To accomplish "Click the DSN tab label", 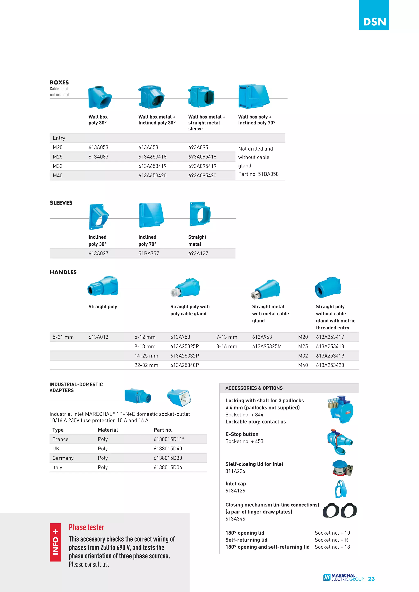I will point(374,22).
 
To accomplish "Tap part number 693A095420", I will point(202,176).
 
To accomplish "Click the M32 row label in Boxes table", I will point(57,166).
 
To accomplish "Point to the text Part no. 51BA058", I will point(258,174).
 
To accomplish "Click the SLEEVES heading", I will point(61,203).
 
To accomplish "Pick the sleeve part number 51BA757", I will point(149,253).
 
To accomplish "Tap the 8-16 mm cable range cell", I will point(227,347).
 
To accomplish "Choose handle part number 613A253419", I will point(330,356).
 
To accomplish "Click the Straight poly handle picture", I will point(103,286).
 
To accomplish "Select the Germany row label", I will point(63,458).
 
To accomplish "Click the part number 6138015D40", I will point(168,449).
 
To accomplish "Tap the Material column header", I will point(108,430).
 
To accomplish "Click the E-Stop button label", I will point(242,434).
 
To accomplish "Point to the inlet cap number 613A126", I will point(235,491).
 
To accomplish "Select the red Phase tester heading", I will point(87,527).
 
